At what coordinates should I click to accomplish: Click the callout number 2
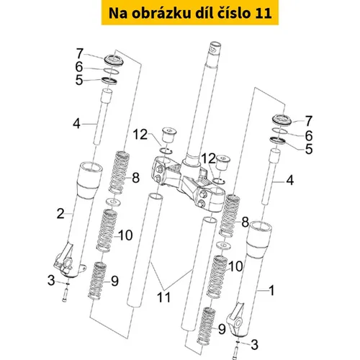click(60, 214)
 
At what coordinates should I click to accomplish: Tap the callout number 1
click(271, 290)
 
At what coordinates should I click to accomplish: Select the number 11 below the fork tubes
click(163, 297)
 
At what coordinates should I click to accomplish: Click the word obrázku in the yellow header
click(162, 13)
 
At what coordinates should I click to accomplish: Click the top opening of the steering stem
click(215, 45)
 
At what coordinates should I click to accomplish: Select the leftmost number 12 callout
click(140, 135)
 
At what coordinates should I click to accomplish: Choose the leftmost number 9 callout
click(114, 281)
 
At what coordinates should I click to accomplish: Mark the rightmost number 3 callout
click(254, 345)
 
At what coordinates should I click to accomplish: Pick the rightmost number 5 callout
click(309, 149)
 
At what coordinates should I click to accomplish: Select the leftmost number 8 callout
click(136, 178)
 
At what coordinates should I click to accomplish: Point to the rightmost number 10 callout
click(236, 266)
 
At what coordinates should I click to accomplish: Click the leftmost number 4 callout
click(76, 124)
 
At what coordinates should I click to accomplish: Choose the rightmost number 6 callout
click(309, 136)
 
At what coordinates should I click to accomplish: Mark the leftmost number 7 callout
click(80, 53)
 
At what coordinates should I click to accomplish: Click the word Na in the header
click(117, 14)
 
